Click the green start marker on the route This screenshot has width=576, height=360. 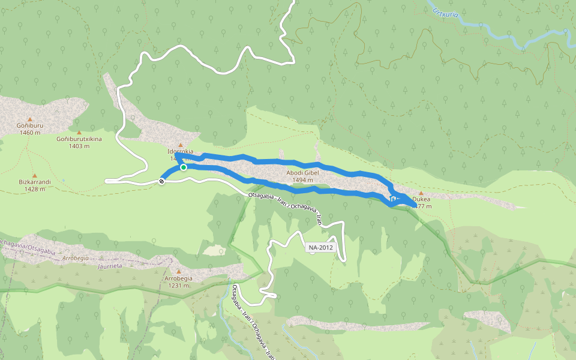tap(184, 167)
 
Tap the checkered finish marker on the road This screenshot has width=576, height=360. tap(162, 181)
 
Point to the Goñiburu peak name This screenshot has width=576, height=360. tap(29, 125)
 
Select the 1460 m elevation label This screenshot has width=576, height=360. tap(29, 133)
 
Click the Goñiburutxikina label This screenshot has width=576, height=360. tap(79, 139)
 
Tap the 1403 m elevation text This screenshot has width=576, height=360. tap(79, 146)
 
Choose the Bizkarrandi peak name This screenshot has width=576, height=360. tap(34, 182)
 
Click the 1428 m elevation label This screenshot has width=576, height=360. tap(35, 189)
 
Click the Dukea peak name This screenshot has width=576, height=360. tap(422, 200)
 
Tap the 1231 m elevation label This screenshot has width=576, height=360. tap(179, 286)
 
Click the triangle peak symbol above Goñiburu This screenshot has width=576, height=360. tap(29, 119)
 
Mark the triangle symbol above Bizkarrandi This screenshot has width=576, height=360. tap(34, 175)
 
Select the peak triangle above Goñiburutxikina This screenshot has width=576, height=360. tap(79, 132)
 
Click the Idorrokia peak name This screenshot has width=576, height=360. tap(180, 152)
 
